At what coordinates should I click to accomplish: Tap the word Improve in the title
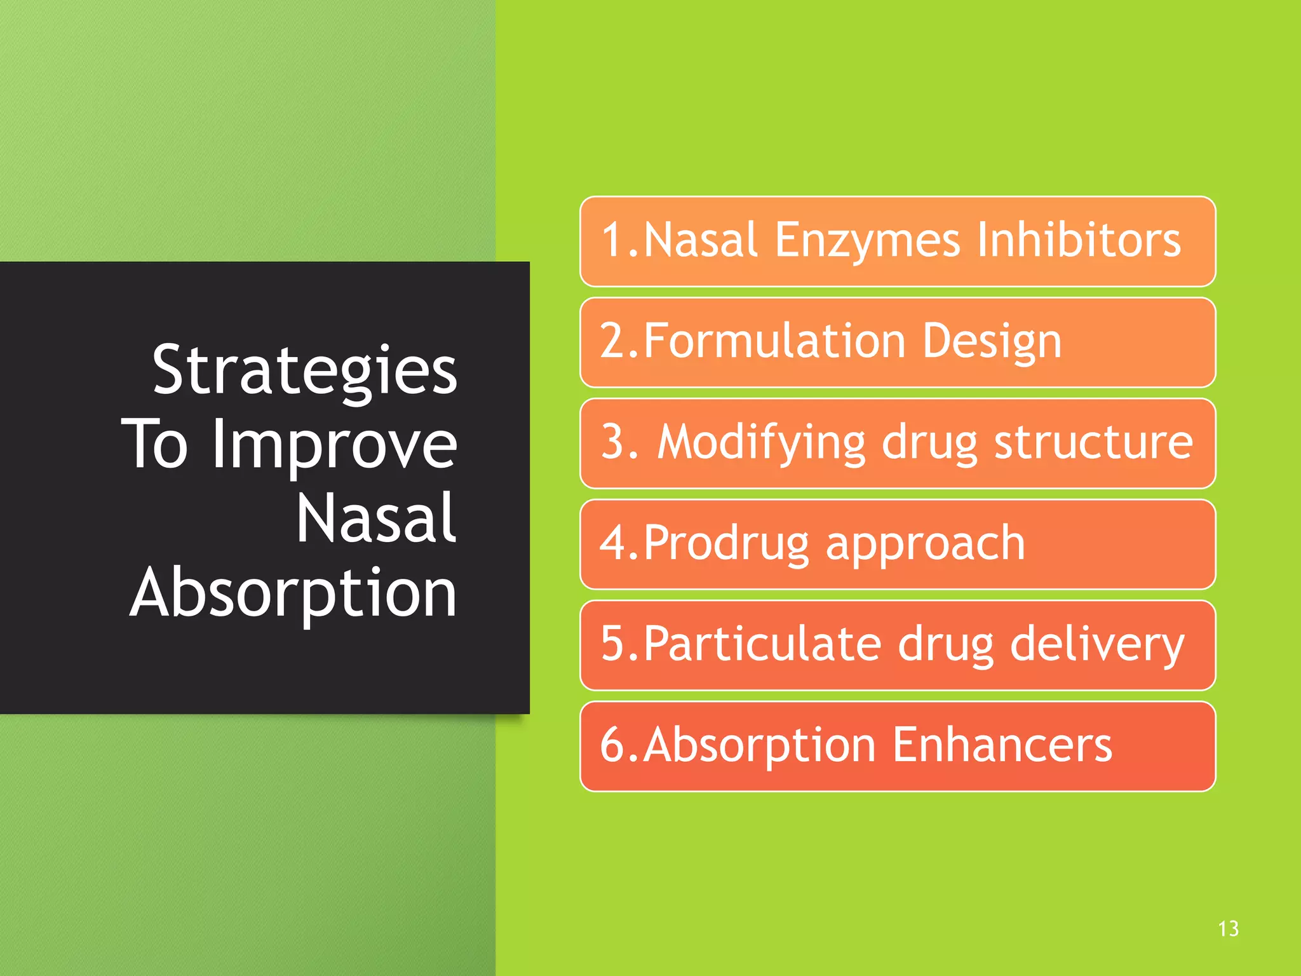point(334,445)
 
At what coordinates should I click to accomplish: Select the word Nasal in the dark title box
point(376,519)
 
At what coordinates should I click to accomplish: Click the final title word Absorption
point(293,593)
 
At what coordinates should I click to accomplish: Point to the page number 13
point(1228,929)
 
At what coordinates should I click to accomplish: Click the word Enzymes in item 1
point(867,241)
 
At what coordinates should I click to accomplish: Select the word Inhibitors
point(1079,240)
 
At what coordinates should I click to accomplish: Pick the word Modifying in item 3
point(761,443)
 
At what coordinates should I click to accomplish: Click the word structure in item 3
point(1093,442)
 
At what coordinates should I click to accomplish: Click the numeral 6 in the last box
point(612,745)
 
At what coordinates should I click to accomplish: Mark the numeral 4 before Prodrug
point(612,543)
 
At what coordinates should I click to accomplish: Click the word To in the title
point(155,445)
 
